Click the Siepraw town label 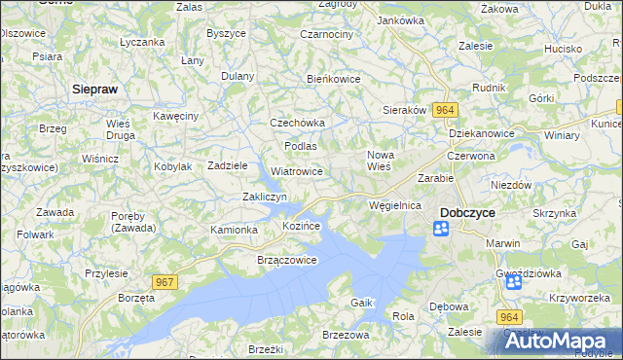(x=96, y=88)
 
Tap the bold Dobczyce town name (x=470, y=211)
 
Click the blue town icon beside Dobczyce (x=441, y=229)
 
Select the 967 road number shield (x=165, y=281)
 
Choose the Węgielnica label (x=395, y=206)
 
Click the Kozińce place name (x=301, y=226)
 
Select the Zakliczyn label (x=264, y=197)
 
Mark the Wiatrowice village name (x=297, y=171)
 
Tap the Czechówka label (x=297, y=124)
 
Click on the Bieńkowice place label (x=334, y=79)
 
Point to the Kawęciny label (x=176, y=116)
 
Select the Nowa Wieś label (x=379, y=161)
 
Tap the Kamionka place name (x=234, y=230)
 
